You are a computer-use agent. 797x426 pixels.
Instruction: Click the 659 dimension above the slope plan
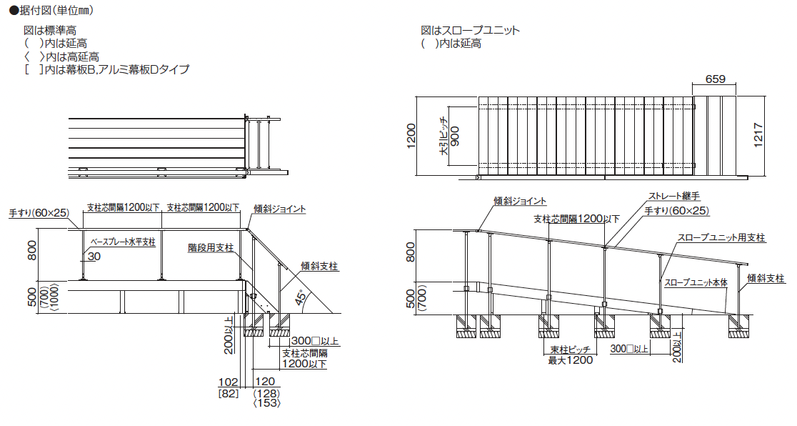coord(715,79)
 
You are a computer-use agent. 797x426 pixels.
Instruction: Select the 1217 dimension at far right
coord(758,135)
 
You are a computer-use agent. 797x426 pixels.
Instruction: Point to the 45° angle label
coord(301,297)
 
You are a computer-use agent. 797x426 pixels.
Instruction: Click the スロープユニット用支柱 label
coord(721,238)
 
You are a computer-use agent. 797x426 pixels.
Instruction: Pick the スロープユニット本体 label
coord(696,282)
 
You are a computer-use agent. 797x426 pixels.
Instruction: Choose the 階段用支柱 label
coord(211,248)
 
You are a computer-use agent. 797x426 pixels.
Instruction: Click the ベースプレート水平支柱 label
coord(123,242)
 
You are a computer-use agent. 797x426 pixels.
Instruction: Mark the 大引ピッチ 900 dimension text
coord(450,137)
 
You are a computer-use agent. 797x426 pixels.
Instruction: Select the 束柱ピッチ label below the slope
coord(571,350)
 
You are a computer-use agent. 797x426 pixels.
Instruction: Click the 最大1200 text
coord(571,360)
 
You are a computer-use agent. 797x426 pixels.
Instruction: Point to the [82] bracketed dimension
coord(229,393)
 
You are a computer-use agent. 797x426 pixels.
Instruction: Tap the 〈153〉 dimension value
coord(267,402)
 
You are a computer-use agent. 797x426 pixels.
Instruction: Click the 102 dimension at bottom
coord(229,382)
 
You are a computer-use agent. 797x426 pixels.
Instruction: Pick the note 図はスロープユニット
coord(470,31)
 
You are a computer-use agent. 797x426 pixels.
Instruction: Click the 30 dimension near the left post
coord(94,257)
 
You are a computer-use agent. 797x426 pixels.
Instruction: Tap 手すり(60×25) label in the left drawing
coord(39,213)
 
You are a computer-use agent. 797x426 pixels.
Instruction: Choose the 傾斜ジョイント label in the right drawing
coord(520,201)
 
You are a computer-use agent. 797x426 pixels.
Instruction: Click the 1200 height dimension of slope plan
coord(411,136)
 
